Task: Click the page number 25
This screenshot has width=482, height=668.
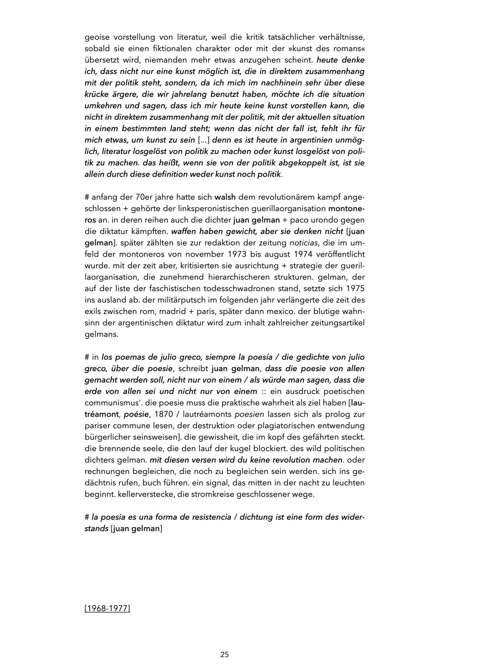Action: pos(225,654)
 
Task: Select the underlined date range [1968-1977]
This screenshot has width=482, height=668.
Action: pos(107,609)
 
